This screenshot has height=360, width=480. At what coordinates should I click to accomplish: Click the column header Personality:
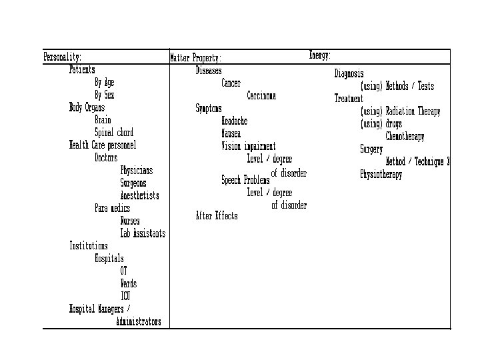(63, 57)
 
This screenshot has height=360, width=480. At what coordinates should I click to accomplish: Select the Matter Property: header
(196, 58)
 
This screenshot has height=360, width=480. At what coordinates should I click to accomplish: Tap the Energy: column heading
(320, 55)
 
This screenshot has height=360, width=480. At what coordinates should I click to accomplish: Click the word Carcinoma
(261, 96)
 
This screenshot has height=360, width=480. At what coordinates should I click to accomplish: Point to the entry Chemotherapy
(405, 137)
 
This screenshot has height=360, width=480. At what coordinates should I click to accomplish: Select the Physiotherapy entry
(381, 175)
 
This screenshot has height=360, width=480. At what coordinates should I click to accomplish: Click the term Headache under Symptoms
(234, 121)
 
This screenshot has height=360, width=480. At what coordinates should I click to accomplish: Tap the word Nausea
(231, 134)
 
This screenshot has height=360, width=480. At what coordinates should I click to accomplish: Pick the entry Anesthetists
(139, 196)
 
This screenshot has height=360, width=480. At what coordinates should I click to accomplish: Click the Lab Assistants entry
(143, 234)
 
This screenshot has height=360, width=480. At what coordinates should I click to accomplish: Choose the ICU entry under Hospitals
(125, 296)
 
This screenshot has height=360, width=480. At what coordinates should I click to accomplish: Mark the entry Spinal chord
(114, 133)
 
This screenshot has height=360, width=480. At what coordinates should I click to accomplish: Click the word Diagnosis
(349, 73)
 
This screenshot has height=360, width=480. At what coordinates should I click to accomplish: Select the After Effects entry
(216, 216)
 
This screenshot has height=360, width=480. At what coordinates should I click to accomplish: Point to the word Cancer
(231, 83)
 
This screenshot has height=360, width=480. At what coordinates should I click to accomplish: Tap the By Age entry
(104, 83)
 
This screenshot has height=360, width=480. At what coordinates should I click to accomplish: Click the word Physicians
(136, 171)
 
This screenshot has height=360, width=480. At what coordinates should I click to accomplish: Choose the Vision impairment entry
(248, 147)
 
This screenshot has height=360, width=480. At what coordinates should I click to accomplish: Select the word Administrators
(138, 322)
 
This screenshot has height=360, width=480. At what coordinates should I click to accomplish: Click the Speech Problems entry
(245, 181)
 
